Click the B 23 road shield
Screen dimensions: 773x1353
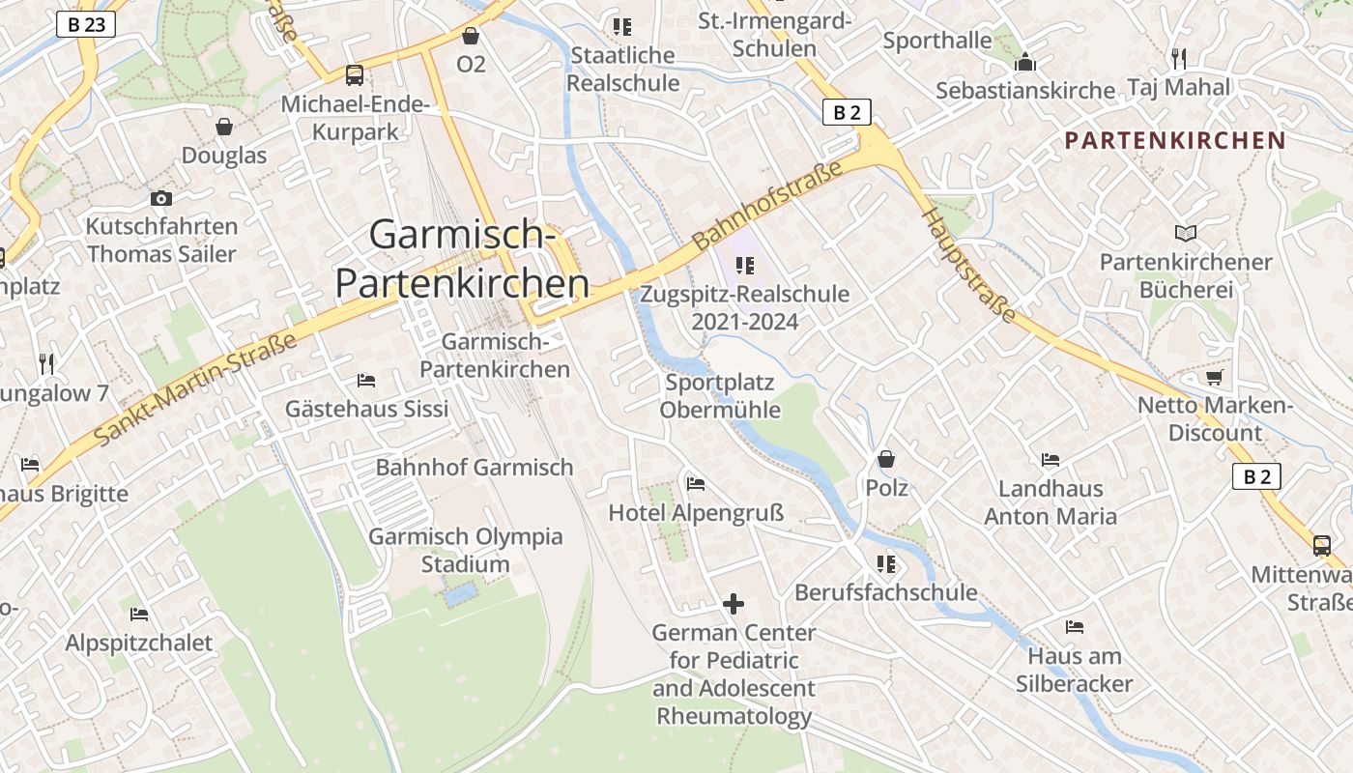(x=86, y=25)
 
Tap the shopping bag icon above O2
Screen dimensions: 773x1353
(x=471, y=37)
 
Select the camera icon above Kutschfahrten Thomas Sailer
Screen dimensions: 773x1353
(x=161, y=199)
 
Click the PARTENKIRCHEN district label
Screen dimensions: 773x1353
(x=1175, y=140)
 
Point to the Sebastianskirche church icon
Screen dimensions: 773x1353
(x=1025, y=64)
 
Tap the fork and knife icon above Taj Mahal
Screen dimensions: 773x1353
(x=1178, y=59)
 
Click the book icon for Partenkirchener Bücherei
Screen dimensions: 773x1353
(x=1186, y=234)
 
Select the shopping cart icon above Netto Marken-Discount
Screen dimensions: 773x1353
(x=1215, y=377)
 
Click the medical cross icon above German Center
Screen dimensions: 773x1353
(x=734, y=605)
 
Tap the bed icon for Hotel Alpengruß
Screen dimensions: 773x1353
(x=695, y=484)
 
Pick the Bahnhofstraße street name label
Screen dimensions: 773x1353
(x=767, y=205)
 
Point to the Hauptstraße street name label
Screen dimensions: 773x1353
(x=969, y=264)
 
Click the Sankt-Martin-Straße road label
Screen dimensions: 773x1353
(x=197, y=389)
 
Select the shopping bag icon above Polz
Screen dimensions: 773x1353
(x=886, y=459)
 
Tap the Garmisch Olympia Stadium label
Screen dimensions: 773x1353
(x=466, y=550)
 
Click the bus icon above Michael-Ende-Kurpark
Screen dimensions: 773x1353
(x=355, y=75)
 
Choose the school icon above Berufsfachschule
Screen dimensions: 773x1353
(x=885, y=563)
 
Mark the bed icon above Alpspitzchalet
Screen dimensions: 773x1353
(x=139, y=615)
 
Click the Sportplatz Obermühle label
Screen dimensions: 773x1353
(x=720, y=396)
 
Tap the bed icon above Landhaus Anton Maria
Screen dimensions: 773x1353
(x=1051, y=460)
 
